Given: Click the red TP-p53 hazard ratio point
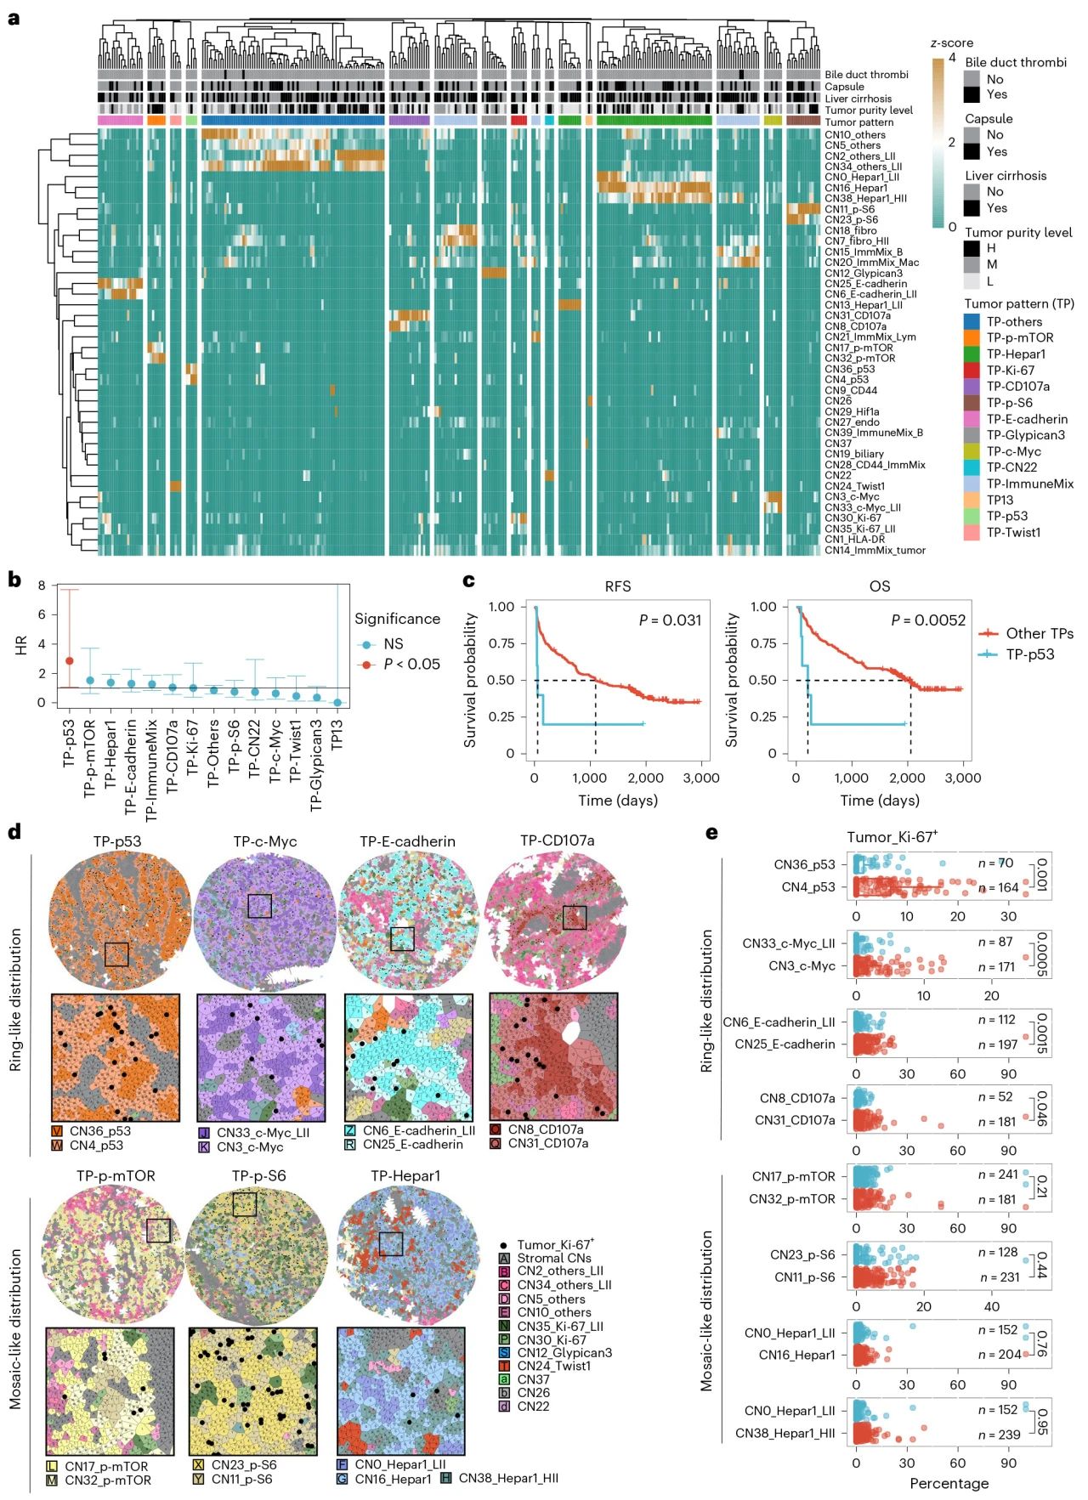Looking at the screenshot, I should pos(70,660).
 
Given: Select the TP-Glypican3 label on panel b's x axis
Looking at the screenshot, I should pos(316,766).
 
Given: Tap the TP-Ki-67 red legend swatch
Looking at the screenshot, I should pos(972,370).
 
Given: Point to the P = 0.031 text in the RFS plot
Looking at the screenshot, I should pos(670,620).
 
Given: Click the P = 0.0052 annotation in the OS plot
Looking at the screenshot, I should pos(928,620).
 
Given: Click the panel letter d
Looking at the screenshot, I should pos(14,832).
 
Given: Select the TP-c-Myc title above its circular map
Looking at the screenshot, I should pos(264,841).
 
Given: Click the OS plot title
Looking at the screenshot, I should pos(879,586).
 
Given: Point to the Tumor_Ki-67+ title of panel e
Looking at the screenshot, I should pos(892,837).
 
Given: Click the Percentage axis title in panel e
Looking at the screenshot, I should pos(949,1483).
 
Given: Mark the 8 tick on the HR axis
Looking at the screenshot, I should pos(41,586).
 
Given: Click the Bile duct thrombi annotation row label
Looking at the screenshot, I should pos(866,75).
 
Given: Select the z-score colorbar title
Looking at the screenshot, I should pos(951,42).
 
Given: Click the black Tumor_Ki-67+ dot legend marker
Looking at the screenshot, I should pos(504,1244).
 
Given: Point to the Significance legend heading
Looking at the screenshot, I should pos(397,619).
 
